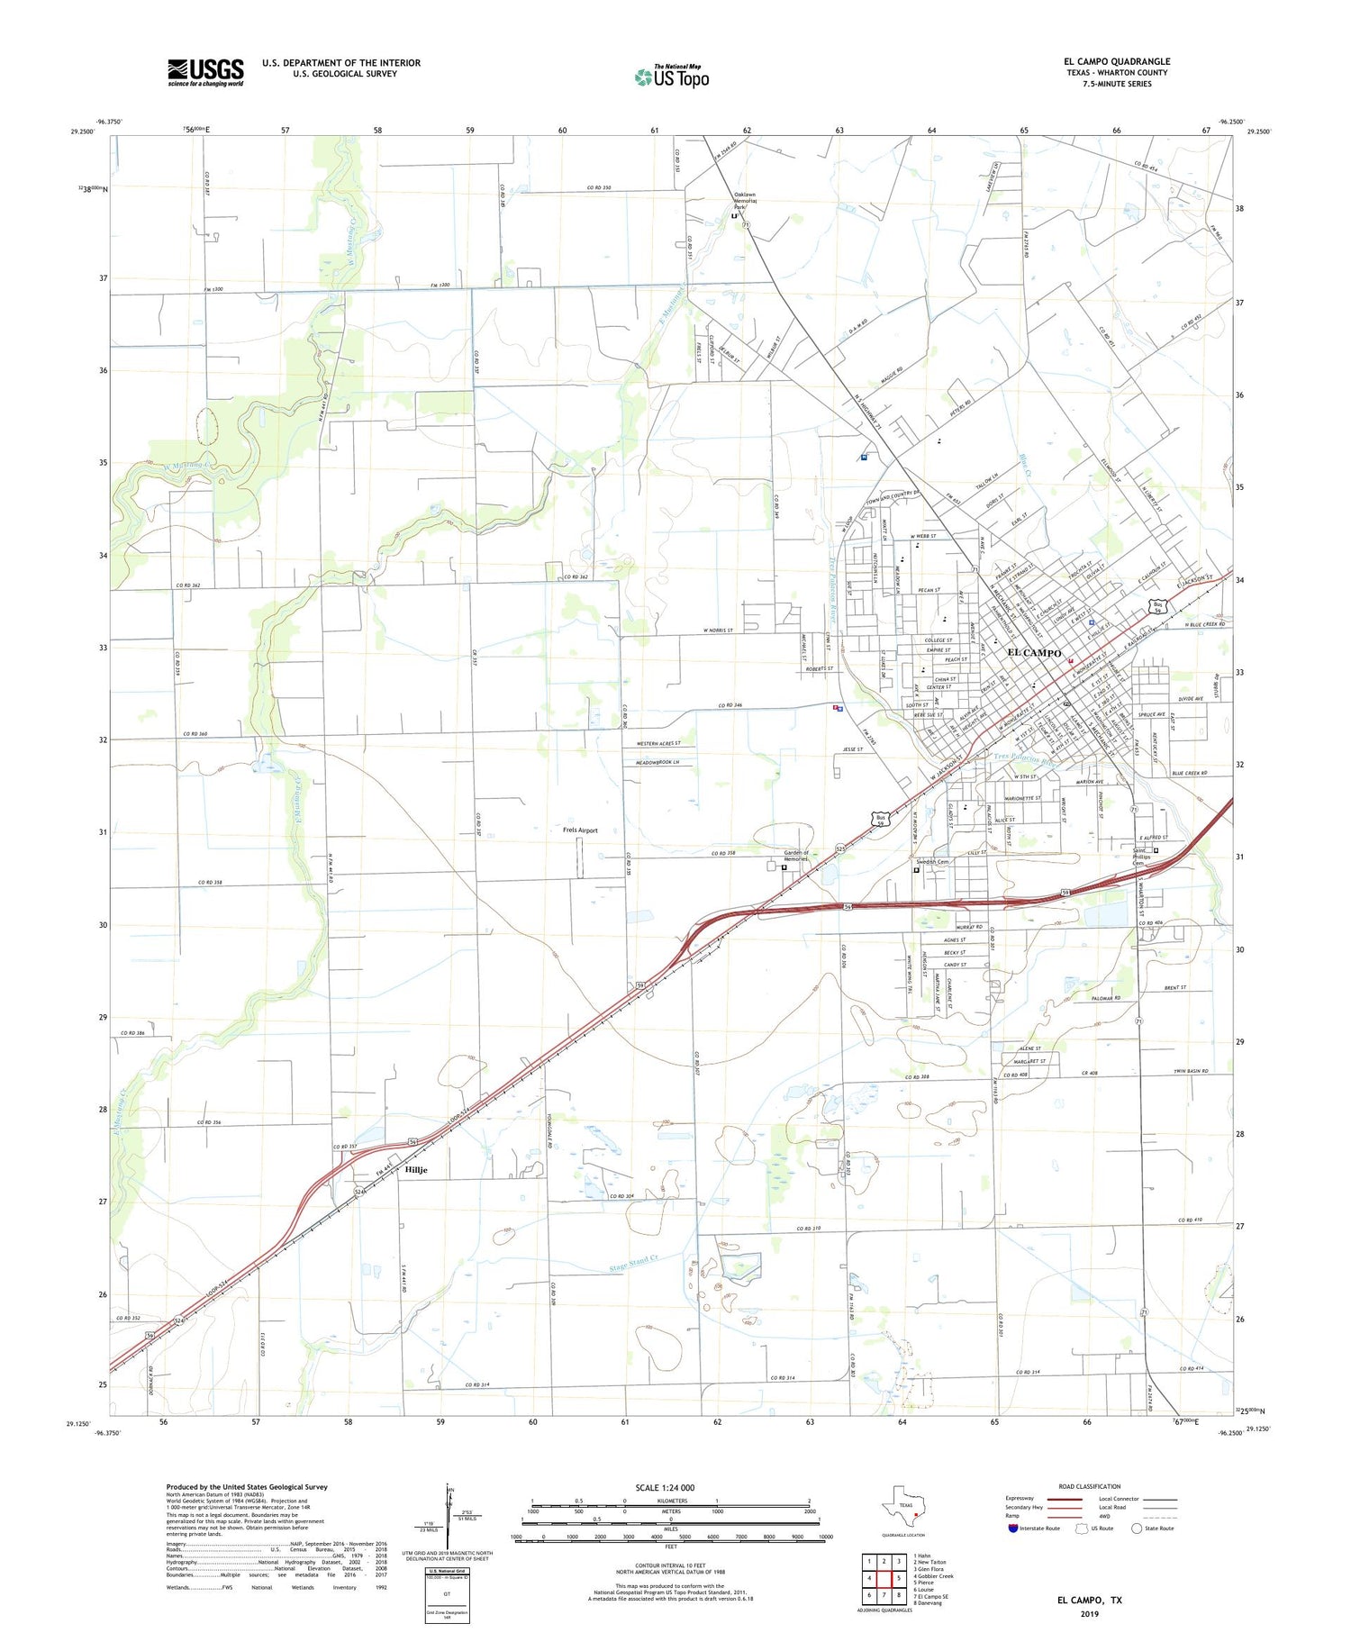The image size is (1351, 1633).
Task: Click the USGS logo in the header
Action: (x=205, y=72)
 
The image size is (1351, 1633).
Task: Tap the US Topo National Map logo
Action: (x=672, y=77)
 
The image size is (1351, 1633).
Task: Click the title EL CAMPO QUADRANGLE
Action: (x=1116, y=61)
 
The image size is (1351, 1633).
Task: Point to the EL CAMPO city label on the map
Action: (x=1034, y=652)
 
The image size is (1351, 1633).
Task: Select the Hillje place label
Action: (x=416, y=1170)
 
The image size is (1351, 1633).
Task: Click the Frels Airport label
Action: (x=580, y=830)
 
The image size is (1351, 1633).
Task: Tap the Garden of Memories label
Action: (x=795, y=856)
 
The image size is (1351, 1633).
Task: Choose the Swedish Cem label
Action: (x=930, y=862)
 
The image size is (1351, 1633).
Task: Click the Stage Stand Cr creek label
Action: (x=633, y=1263)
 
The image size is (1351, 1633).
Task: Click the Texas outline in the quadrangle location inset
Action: (x=904, y=1506)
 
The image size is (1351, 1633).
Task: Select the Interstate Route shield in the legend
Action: (x=1013, y=1529)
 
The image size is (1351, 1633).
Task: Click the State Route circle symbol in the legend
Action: (x=1137, y=1529)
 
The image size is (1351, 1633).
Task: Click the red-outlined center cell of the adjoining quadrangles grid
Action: (x=884, y=1578)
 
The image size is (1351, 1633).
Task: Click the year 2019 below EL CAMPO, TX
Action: (x=1090, y=1615)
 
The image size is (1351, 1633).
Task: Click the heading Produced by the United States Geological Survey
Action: (x=247, y=1487)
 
